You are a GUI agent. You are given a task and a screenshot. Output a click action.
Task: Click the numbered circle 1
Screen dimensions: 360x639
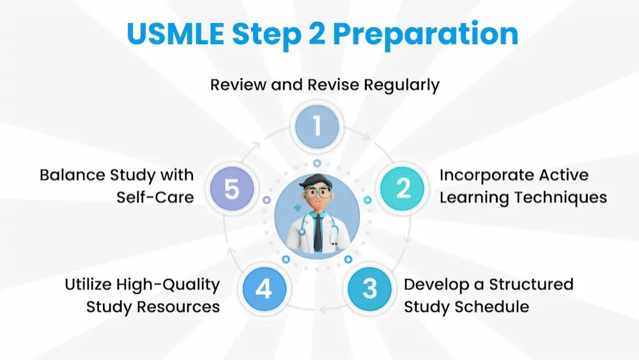pos(317,127)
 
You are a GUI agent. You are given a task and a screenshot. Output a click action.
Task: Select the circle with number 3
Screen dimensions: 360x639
pos(369,289)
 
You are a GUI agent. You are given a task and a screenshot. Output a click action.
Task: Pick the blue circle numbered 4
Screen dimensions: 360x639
pos(263,289)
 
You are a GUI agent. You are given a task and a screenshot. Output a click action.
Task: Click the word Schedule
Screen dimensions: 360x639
pos(493,306)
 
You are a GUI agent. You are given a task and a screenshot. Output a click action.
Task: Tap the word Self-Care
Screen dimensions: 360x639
pos(155,197)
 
